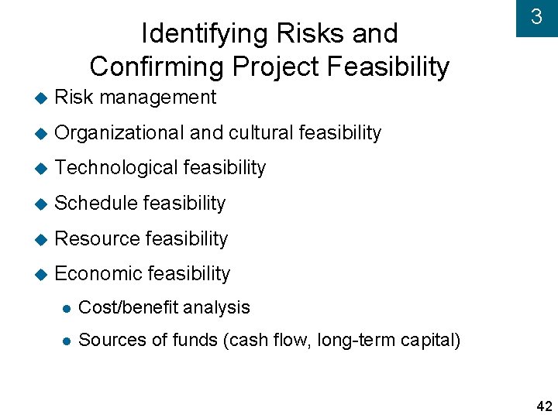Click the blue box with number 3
click(536, 17)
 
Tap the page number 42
click(544, 406)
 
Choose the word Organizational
click(119, 133)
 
